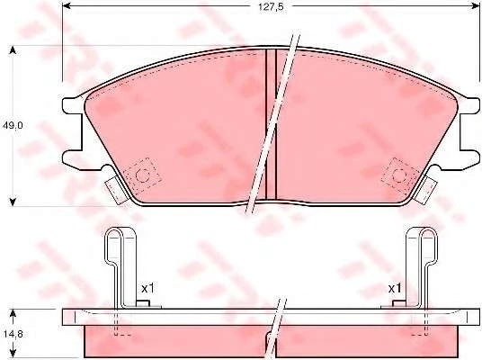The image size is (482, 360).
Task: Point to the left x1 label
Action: (148, 288)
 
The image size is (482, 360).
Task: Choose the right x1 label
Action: (394, 288)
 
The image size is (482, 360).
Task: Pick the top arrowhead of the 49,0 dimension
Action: (12, 49)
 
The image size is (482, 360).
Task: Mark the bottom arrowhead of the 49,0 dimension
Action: (12, 200)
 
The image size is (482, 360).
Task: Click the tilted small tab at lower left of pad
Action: (114, 187)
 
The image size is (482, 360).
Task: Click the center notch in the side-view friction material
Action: (270, 341)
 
